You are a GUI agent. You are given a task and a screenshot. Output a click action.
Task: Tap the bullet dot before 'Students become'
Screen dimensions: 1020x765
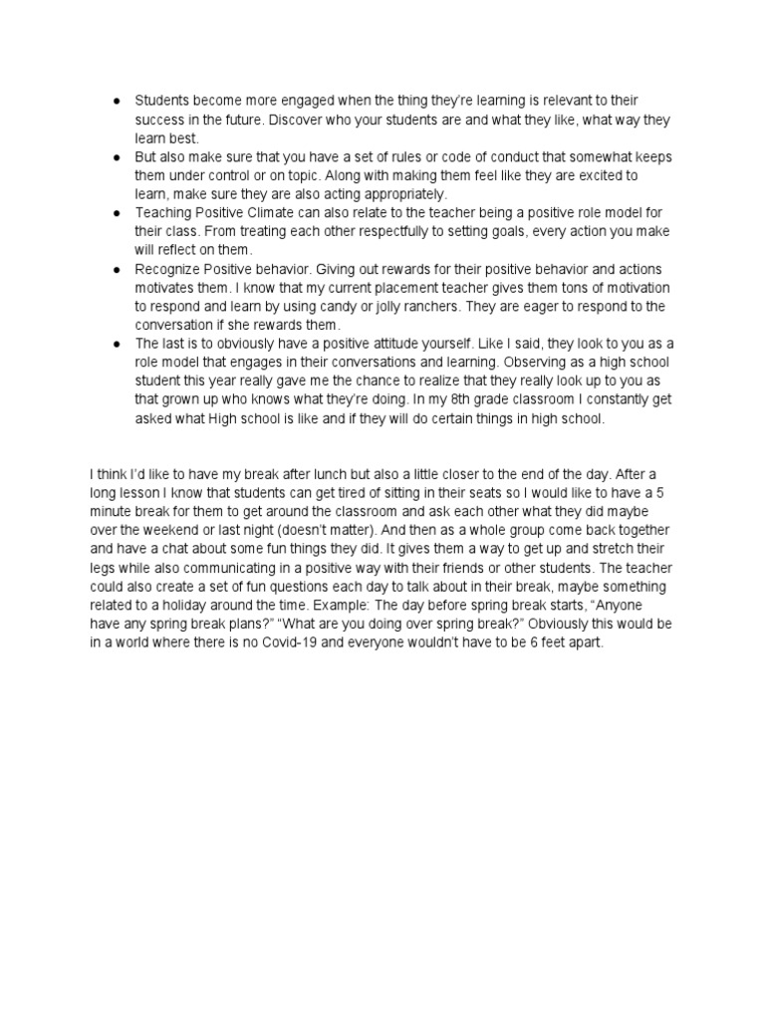pos(118,102)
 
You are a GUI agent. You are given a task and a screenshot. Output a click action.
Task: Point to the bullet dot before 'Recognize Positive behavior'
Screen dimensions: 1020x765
pos(118,270)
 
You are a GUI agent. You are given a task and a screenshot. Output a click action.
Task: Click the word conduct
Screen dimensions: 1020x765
pos(495,157)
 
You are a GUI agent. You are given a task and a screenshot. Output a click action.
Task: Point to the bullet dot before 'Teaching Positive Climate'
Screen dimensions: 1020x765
pos(118,214)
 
